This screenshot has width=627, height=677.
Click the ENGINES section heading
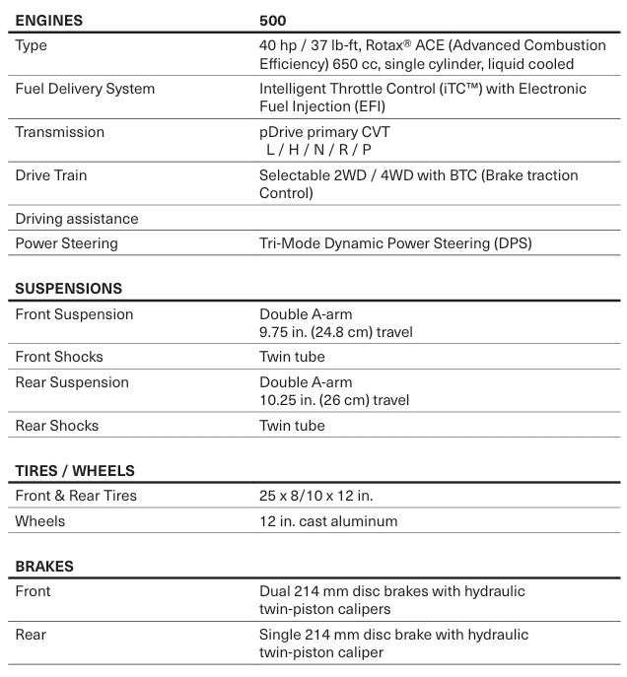(49, 20)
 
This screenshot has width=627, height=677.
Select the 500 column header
(272, 20)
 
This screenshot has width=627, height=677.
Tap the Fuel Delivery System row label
(85, 89)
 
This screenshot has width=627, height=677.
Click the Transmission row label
(59, 132)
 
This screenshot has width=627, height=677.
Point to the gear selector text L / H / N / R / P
(318, 150)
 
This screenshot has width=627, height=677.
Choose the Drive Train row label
(51, 175)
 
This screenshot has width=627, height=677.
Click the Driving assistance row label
(77, 219)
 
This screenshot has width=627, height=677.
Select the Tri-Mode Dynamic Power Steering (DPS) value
(394, 243)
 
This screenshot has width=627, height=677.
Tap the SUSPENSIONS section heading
(69, 289)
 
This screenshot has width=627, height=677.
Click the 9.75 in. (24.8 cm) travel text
(336, 332)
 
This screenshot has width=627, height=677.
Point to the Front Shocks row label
(59, 357)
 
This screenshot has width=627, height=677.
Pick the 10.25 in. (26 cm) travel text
(334, 400)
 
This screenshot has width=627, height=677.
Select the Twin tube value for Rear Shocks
(292, 426)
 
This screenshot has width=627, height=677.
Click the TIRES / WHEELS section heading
(75, 471)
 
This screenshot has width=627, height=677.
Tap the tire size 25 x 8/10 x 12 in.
(315, 496)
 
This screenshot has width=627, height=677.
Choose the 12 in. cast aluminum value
(328, 521)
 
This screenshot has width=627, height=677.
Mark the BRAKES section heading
(44, 567)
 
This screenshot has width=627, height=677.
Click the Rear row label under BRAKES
(31, 635)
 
